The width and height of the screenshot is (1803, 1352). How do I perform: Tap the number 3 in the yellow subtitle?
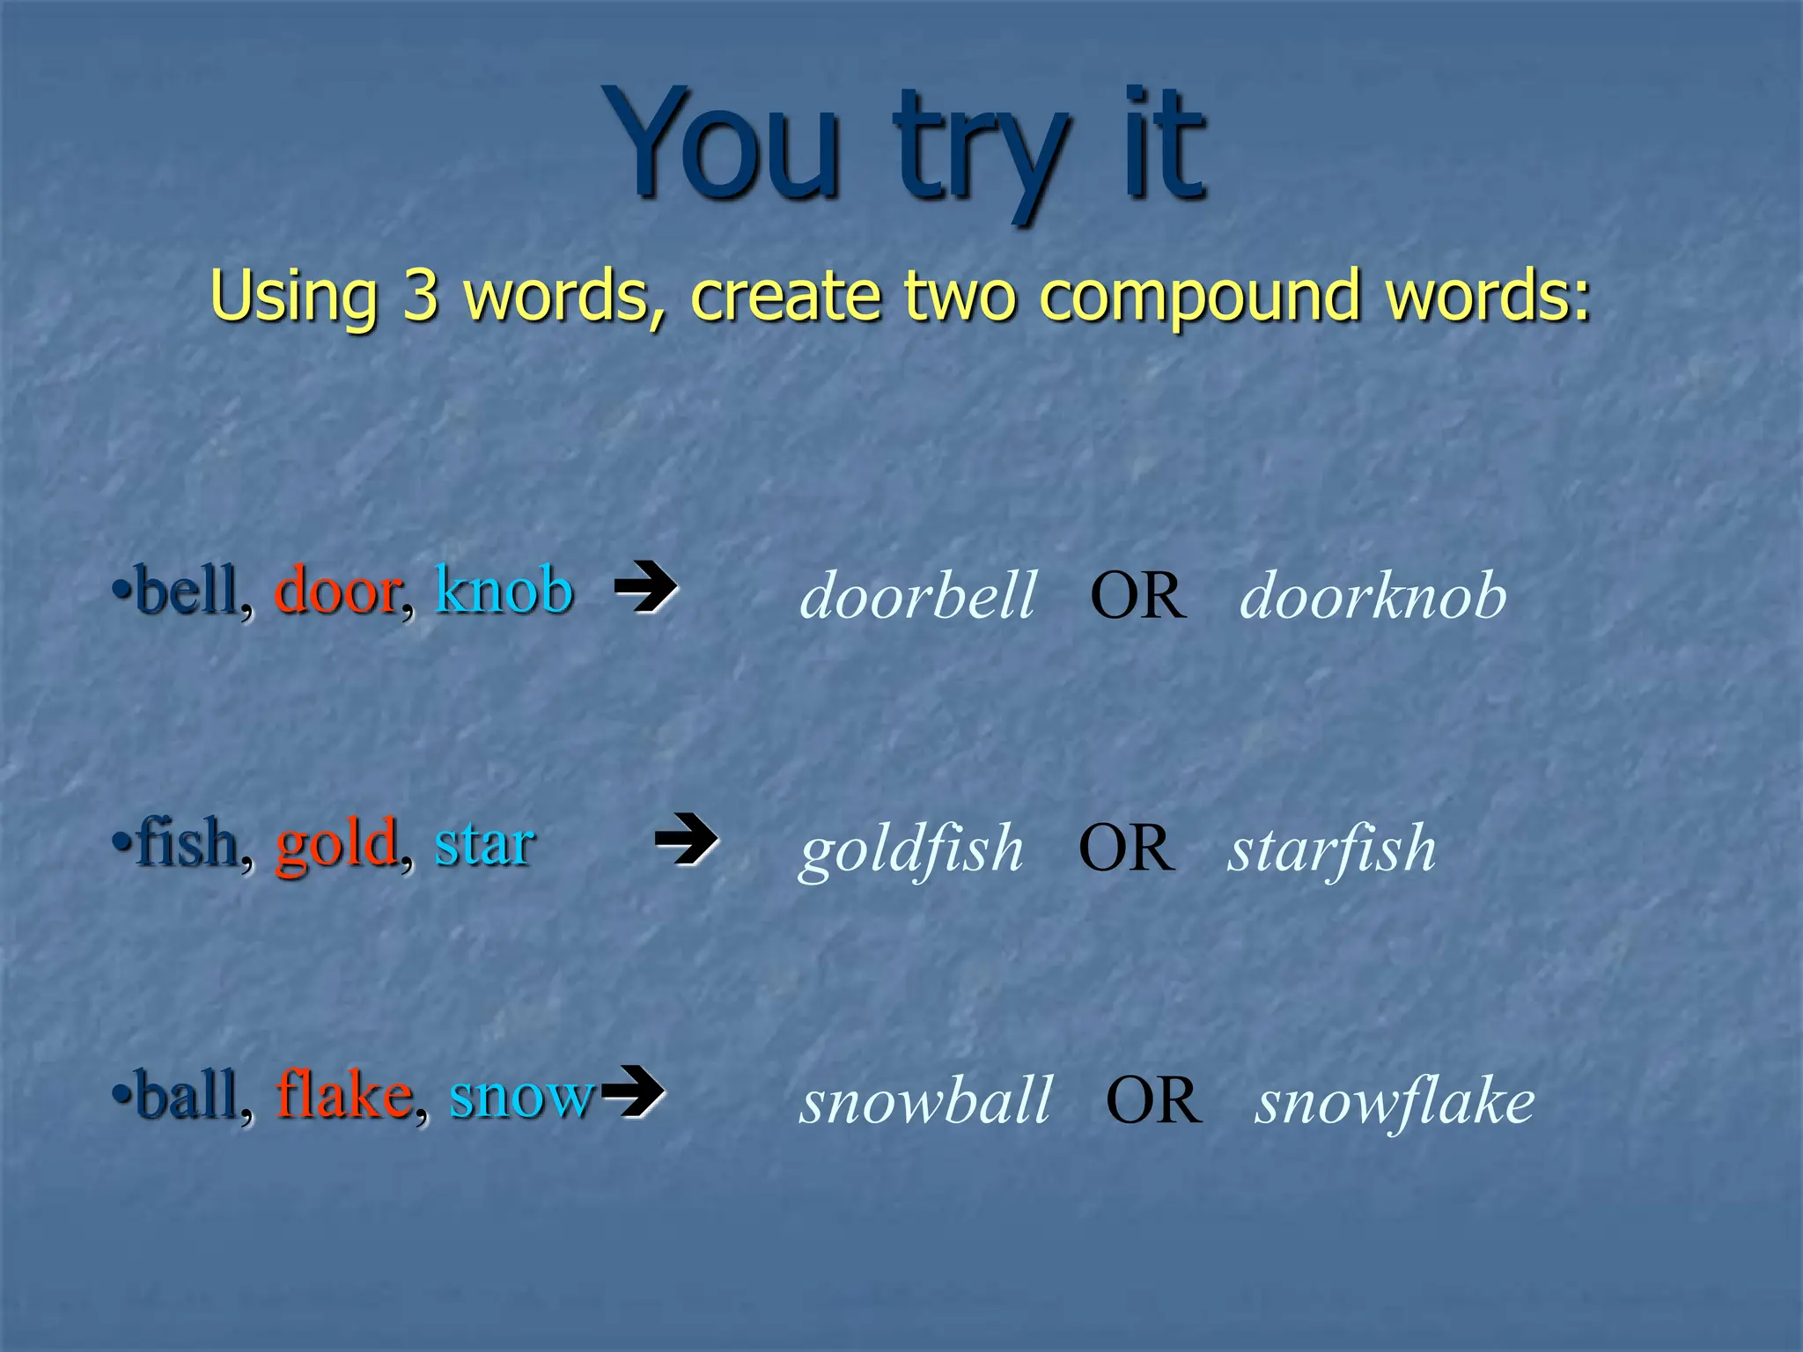click(x=420, y=296)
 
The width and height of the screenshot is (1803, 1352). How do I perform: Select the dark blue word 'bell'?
click(x=187, y=591)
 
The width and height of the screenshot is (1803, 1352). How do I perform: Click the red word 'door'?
click(x=338, y=591)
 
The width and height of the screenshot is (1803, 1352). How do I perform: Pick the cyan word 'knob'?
click(x=504, y=589)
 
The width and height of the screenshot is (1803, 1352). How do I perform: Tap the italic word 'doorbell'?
click(x=918, y=596)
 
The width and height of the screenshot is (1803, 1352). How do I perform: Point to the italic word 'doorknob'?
click(x=1372, y=596)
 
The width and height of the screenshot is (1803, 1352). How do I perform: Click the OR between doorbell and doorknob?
click(x=1137, y=597)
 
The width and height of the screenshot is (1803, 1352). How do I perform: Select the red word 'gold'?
click(x=336, y=844)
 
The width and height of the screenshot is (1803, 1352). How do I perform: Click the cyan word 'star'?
click(x=484, y=844)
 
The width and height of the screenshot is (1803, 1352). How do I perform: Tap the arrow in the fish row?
click(x=686, y=839)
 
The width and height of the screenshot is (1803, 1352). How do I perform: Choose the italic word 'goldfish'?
click(x=911, y=849)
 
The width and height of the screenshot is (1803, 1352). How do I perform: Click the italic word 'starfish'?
click(x=1332, y=849)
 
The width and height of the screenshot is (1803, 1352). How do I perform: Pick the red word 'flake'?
click(x=344, y=1096)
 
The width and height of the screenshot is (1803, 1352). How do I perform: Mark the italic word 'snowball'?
click(x=925, y=1101)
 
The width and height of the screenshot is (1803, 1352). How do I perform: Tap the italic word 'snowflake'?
click(x=1395, y=1101)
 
